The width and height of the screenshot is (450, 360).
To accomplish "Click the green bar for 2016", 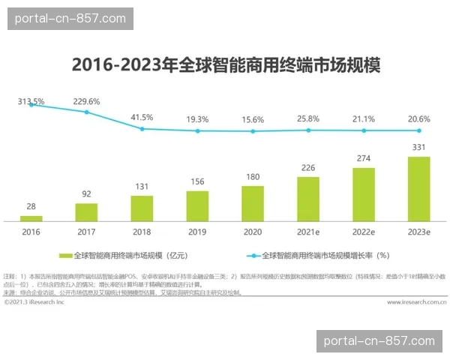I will click(31, 218).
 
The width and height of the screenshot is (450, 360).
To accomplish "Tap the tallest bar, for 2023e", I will click(418, 189).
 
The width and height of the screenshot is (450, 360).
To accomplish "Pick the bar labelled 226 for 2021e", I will click(307, 199).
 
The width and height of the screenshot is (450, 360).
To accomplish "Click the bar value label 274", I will click(364, 159).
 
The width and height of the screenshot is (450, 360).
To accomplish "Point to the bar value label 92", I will click(86, 194).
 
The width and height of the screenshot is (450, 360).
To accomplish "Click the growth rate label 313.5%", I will click(31, 101).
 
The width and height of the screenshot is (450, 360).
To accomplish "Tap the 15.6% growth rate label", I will click(253, 119).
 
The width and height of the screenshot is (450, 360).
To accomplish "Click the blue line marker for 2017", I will click(86, 112).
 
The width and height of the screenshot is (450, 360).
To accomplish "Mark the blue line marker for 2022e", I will click(364, 130).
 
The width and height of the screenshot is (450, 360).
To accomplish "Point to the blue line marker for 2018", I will click(142, 129).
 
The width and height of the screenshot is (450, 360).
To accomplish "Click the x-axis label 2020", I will click(253, 232).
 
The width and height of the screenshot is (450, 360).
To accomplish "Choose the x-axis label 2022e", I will click(364, 232).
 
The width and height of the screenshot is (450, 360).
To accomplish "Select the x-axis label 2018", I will click(142, 232).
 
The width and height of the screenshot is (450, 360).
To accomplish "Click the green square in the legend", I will click(65, 256).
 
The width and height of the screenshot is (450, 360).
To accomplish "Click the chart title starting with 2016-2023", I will click(225, 65).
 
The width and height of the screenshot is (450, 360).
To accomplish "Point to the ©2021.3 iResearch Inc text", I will click(34, 302).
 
